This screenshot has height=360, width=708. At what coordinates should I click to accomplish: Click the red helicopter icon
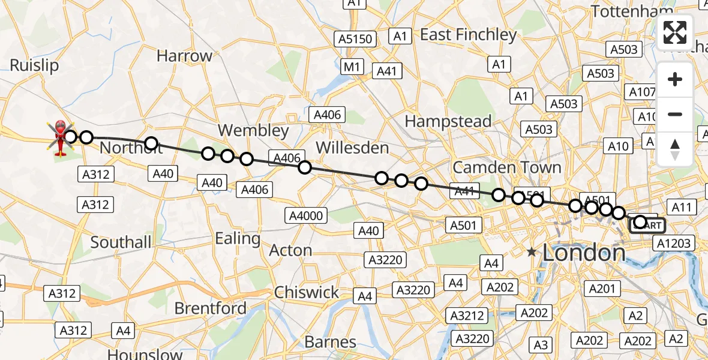click(x=61, y=137)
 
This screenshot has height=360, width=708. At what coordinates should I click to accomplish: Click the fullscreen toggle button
click(x=675, y=32)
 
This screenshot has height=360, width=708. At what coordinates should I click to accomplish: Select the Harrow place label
click(x=184, y=56)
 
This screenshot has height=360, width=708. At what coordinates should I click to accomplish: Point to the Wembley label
click(x=253, y=130)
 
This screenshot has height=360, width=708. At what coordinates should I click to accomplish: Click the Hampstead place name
click(x=448, y=121)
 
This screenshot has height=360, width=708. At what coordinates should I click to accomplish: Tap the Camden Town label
click(x=507, y=167)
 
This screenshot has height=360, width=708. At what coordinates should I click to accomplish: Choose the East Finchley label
click(x=468, y=35)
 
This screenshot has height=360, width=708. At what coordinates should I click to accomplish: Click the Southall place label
click(x=121, y=242)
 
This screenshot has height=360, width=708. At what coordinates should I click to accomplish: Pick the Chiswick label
click(x=306, y=292)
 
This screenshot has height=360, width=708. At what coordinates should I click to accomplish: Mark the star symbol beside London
click(x=532, y=253)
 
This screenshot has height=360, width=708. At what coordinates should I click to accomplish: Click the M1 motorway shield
click(x=352, y=67)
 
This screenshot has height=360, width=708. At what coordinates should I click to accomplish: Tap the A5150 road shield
click(x=355, y=40)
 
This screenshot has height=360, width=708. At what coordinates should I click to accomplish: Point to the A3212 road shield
click(x=468, y=316)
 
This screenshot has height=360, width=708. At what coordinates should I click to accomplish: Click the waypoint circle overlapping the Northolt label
click(x=151, y=143)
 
